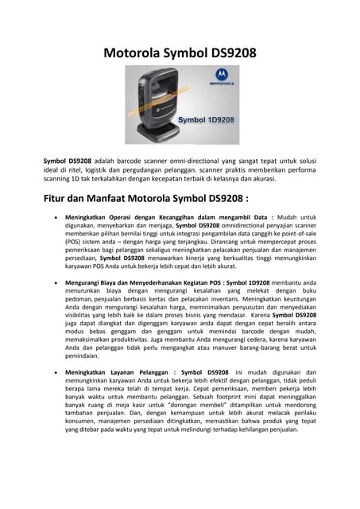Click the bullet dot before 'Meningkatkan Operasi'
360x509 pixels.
click(52, 216)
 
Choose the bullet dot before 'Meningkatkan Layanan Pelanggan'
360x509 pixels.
click(52, 373)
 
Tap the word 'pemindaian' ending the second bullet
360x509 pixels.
click(85, 356)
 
